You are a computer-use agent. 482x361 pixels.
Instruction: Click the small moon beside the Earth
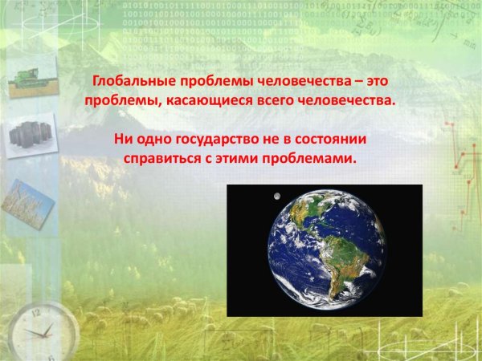click(x=276, y=195)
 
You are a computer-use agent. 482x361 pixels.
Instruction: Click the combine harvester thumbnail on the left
click(x=32, y=79)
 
